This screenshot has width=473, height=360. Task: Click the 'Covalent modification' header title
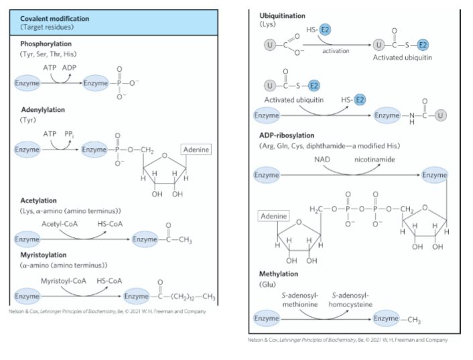pos(54,19)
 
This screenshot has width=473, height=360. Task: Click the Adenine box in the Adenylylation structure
pos(196,149)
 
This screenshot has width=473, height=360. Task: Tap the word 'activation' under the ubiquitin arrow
pos(336,51)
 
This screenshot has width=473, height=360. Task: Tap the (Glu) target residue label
pos(267,284)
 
